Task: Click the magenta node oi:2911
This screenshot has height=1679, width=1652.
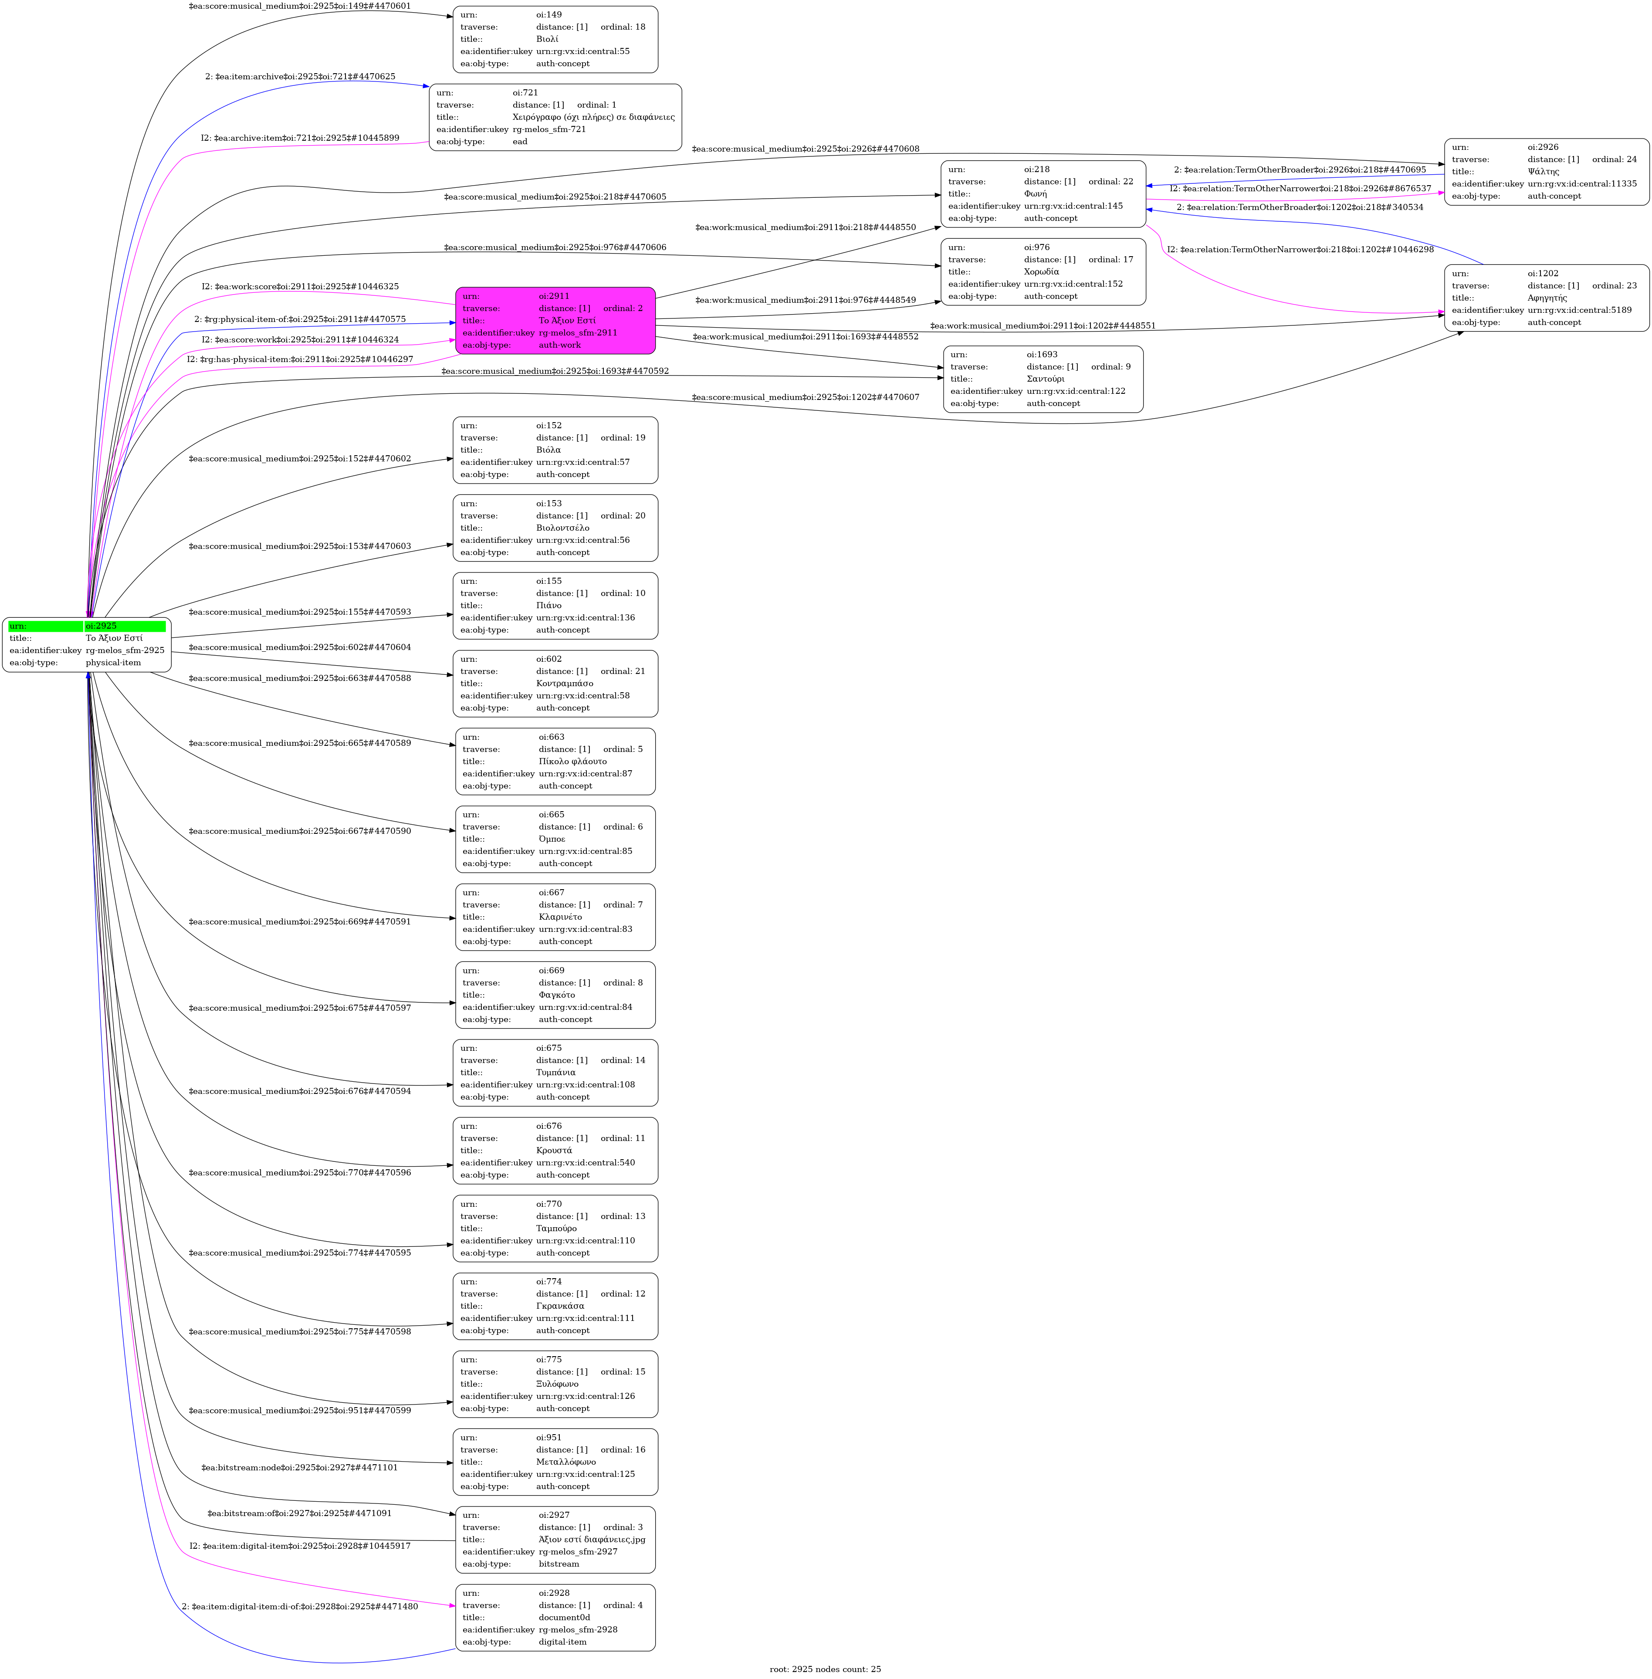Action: click(x=555, y=320)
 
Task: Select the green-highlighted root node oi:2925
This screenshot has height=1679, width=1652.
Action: click(x=87, y=644)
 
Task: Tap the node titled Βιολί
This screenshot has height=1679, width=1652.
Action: click(x=555, y=39)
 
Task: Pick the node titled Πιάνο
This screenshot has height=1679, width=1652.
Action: click(x=555, y=606)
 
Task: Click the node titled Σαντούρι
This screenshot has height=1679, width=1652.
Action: click(x=1043, y=379)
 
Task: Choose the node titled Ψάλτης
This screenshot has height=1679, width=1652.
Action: click(x=1546, y=172)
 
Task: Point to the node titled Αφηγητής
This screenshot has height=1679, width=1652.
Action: click(x=1546, y=298)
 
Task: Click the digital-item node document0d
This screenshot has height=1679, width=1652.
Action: click(x=555, y=1618)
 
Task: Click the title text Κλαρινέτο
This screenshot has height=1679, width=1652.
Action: click(x=561, y=916)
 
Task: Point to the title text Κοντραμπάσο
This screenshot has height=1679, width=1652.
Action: click(x=565, y=683)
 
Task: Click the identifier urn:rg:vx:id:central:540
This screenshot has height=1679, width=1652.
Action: click(x=586, y=1162)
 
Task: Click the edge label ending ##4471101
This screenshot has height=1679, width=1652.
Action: click(x=299, y=1467)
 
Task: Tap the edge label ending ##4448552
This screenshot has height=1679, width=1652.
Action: click(x=805, y=337)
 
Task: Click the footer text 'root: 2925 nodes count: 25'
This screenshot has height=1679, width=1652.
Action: click(x=825, y=1669)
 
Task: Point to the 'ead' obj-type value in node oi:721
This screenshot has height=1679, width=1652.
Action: click(x=520, y=142)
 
